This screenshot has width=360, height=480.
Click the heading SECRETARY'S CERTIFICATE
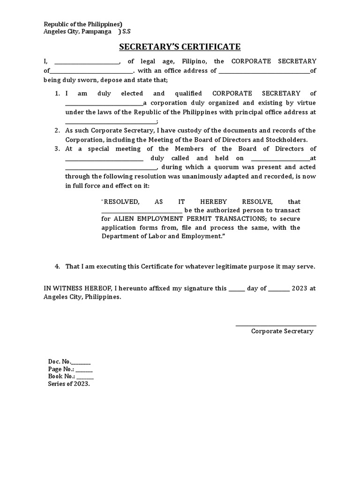[x=180, y=47]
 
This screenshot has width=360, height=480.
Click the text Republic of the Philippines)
[x=83, y=24]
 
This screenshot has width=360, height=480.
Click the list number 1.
[x=57, y=94]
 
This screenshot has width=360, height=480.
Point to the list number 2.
[x=57, y=130]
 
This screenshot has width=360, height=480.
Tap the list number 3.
[x=57, y=149]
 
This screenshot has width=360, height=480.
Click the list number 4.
[x=57, y=267]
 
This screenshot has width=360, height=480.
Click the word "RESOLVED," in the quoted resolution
[x=120, y=201]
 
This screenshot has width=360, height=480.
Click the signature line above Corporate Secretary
[x=276, y=325]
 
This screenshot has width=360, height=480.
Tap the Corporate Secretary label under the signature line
[x=282, y=331]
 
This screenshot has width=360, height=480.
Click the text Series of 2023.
[x=69, y=383]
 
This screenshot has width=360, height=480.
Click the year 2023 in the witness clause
[x=299, y=289]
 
